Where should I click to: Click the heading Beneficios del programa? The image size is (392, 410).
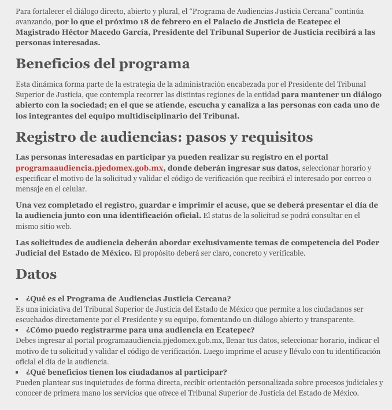pyautogui.click(x=102, y=64)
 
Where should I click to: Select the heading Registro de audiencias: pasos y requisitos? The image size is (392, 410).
pyautogui.click(x=164, y=137)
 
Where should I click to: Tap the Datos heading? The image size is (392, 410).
pyautogui.click(x=36, y=274)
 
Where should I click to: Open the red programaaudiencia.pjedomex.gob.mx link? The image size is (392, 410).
pyautogui.click(x=90, y=168)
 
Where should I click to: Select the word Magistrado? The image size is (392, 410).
pyautogui.click(x=36, y=32)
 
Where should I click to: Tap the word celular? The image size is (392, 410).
pyautogui.click(x=74, y=189)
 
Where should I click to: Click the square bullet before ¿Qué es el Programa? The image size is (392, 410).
pyautogui.click(x=18, y=299)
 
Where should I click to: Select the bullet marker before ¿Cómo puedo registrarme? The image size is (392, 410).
pyautogui.click(x=18, y=330)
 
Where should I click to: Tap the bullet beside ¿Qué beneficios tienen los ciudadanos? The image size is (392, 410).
pyautogui.click(x=18, y=372)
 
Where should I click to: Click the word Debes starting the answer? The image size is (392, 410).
pyautogui.click(x=27, y=341)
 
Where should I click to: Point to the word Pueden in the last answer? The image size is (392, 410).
pyautogui.click(x=28, y=383)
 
